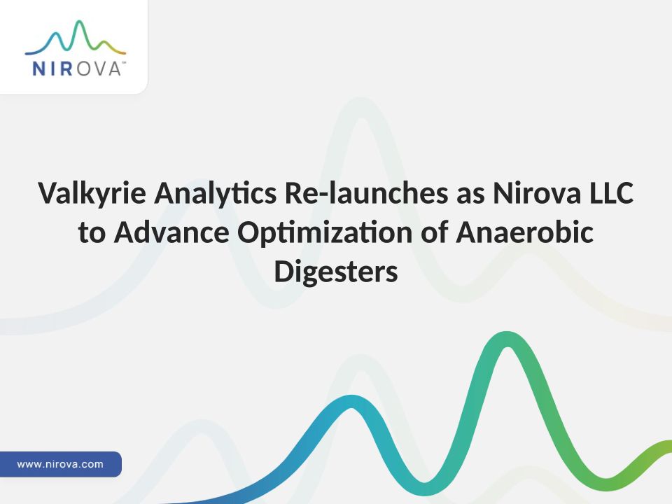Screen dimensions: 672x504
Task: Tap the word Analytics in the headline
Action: (x=215, y=194)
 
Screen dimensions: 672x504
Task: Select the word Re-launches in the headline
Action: (x=366, y=193)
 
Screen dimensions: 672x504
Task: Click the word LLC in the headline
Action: (x=612, y=193)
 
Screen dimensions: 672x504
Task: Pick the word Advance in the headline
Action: (x=171, y=232)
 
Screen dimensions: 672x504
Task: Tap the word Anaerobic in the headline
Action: (x=524, y=232)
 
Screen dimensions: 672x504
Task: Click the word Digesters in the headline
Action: (x=336, y=272)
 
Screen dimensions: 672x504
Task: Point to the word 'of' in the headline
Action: (x=435, y=232)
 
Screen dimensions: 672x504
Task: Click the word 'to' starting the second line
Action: (x=92, y=234)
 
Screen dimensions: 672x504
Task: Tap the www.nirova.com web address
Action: (x=60, y=464)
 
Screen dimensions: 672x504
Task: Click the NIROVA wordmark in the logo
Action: (x=76, y=69)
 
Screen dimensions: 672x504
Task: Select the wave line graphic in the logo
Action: (x=76, y=37)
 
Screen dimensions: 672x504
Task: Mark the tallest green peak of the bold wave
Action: (x=507, y=339)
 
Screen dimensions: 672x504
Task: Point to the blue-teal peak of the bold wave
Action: (x=351, y=402)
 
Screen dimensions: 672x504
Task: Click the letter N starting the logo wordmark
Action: (x=39, y=69)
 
